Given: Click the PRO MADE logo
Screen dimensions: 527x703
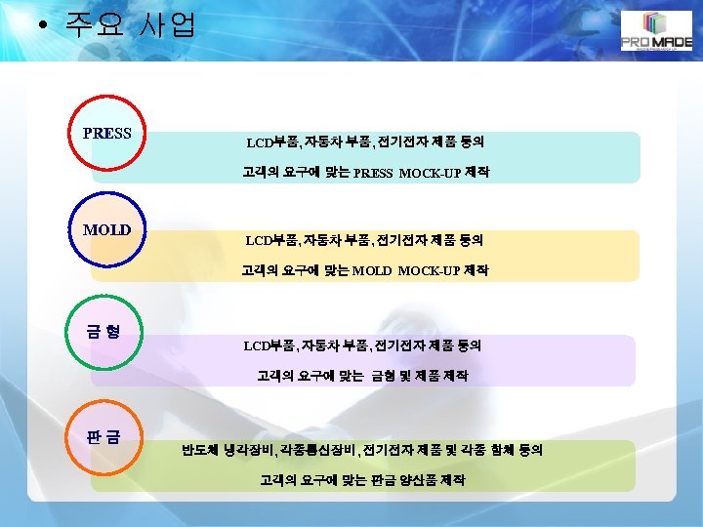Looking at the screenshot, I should pyautogui.click(x=655, y=33).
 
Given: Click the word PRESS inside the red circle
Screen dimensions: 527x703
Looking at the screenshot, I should pyautogui.click(x=107, y=133).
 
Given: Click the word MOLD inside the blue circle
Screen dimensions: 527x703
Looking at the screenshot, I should pyautogui.click(x=107, y=230).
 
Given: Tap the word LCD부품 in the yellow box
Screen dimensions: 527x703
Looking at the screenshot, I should pyautogui.click(x=271, y=239).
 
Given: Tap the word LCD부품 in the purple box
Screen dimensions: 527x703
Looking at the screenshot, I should pyautogui.click(x=269, y=345).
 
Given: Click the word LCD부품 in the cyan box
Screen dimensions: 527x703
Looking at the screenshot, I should pyautogui.click(x=272, y=142).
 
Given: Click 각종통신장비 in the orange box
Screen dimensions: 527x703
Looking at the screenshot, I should pyautogui.click(x=316, y=450).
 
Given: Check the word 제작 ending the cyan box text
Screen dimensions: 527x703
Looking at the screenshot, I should pyautogui.click(x=477, y=173).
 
